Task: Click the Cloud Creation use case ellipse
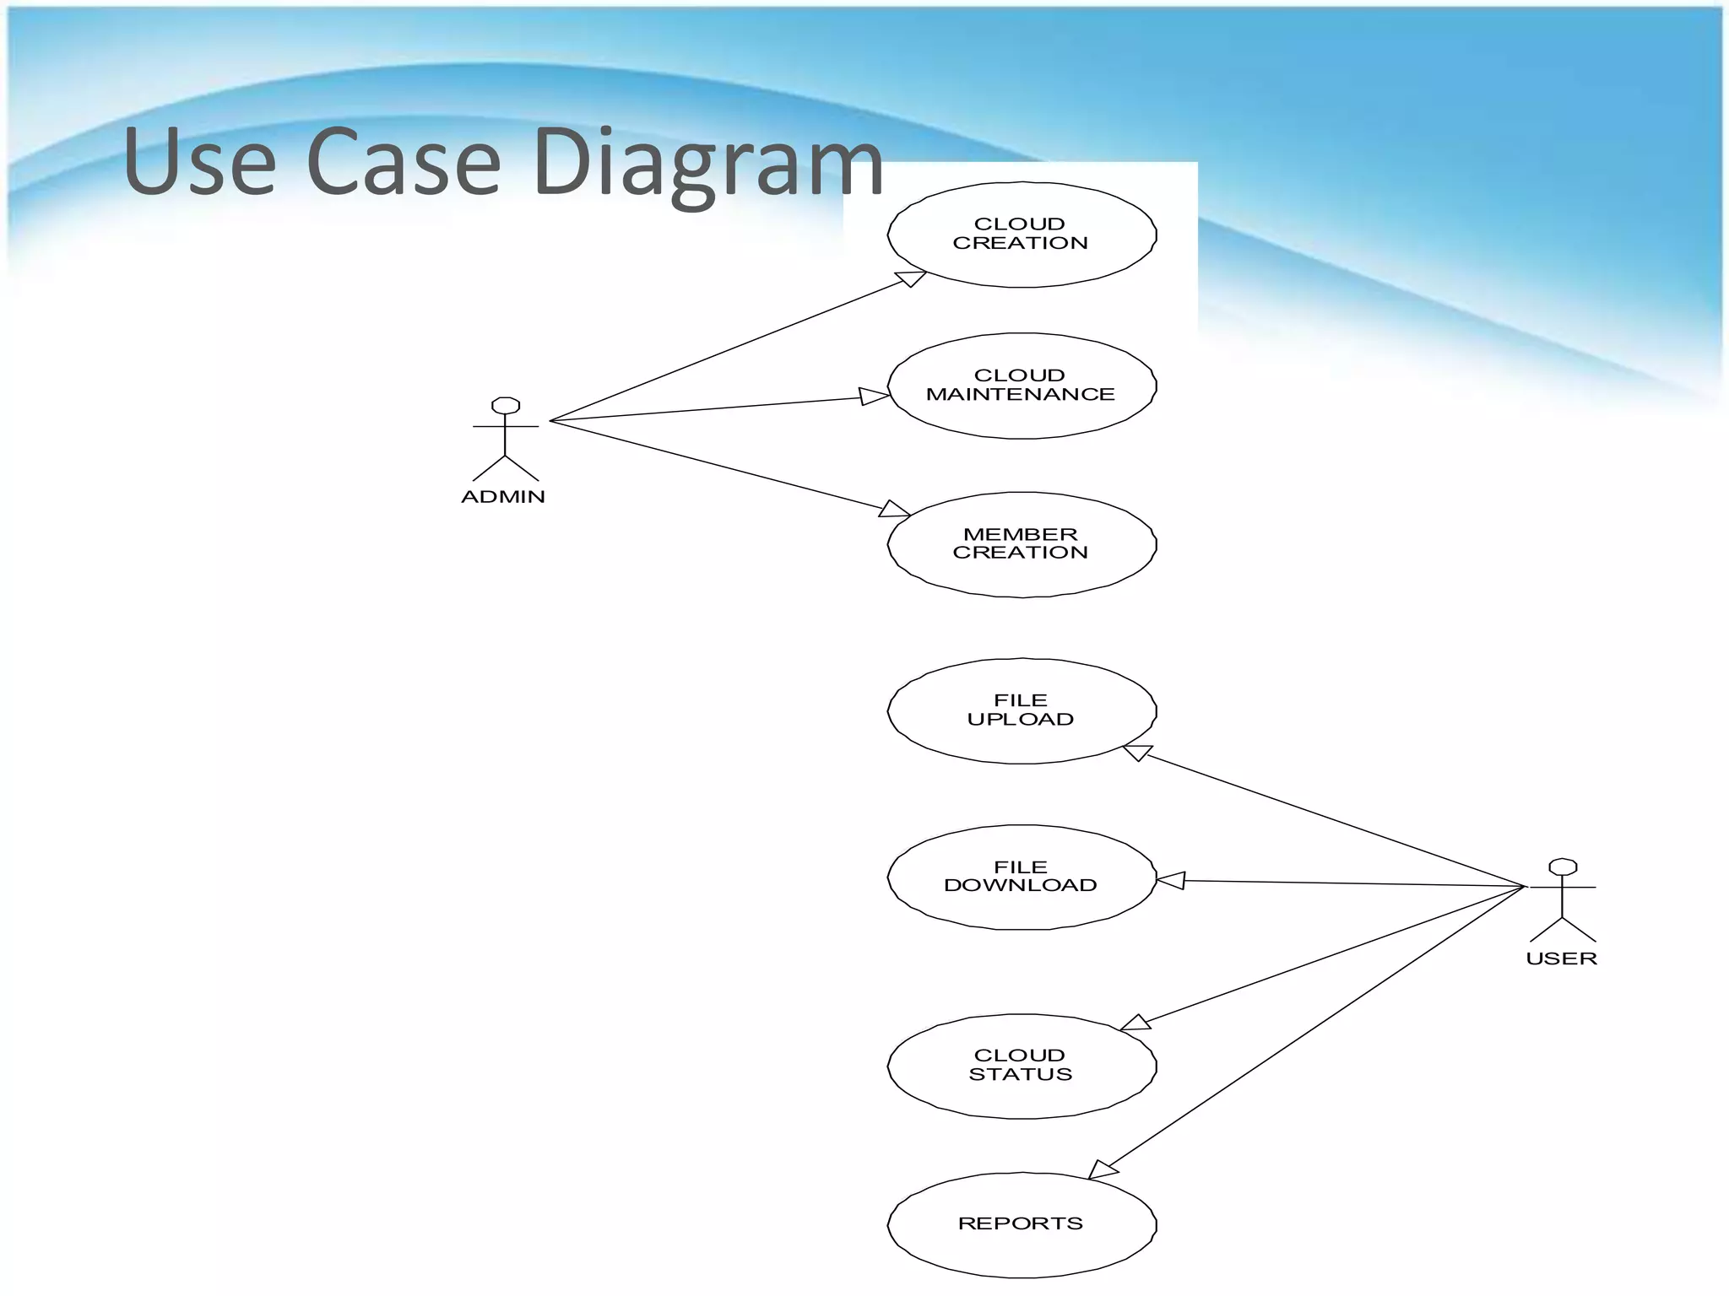tap(1022, 235)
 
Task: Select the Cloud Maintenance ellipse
tap(1022, 386)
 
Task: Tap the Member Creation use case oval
tap(1022, 544)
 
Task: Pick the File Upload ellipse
tap(1022, 710)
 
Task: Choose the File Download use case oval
tap(1022, 877)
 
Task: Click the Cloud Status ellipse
tap(1022, 1066)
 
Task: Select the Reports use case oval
tap(1022, 1224)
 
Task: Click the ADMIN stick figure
tap(505, 439)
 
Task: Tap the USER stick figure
tap(1563, 900)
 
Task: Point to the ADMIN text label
tap(503, 497)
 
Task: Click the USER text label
tap(1561, 958)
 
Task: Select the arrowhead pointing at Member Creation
tap(894, 509)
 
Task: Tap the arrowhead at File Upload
tap(1138, 751)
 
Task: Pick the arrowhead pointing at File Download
tap(1171, 881)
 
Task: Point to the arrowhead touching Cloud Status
tap(1136, 1023)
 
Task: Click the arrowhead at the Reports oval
tap(1102, 1169)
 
